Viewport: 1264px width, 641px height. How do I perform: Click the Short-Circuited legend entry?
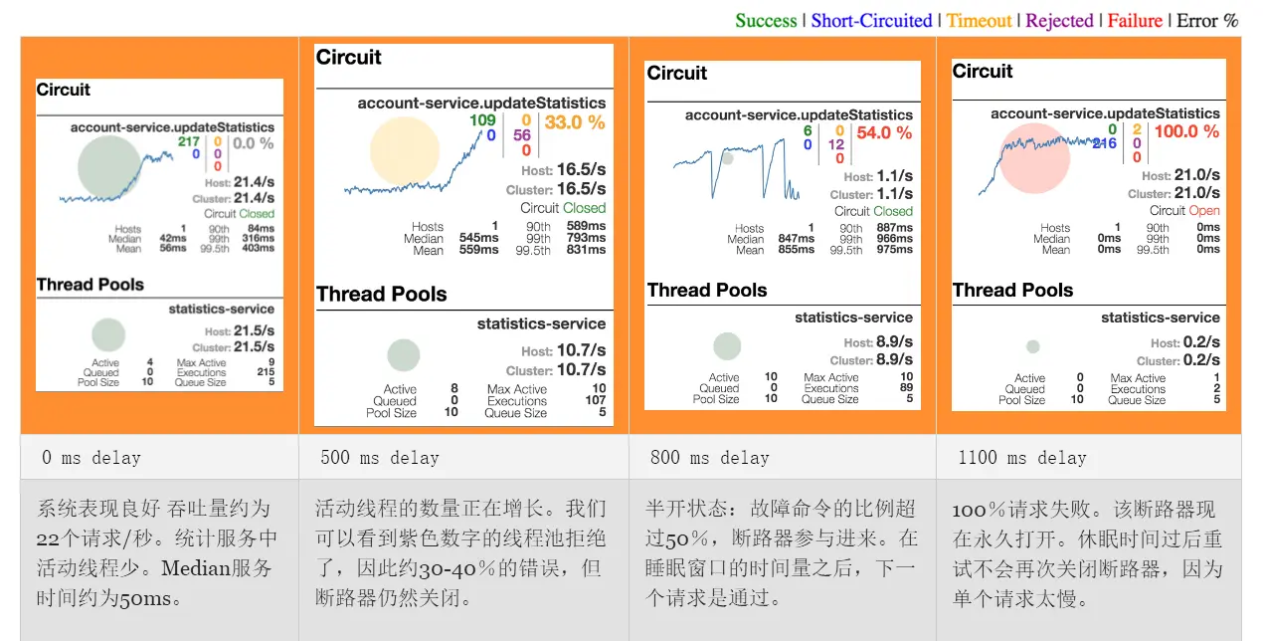[871, 21]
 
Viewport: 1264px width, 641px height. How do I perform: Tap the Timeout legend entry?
[979, 21]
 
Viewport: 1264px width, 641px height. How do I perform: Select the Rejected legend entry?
[1059, 21]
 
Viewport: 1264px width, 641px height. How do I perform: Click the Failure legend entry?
[1136, 21]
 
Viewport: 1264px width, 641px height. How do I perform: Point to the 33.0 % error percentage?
[575, 122]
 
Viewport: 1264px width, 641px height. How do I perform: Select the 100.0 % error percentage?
[1186, 131]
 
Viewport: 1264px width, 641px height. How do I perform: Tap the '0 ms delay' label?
[90, 458]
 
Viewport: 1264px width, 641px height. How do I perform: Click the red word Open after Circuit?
[1204, 211]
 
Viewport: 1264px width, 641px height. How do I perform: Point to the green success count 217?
[189, 142]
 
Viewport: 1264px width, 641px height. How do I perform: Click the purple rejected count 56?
[522, 136]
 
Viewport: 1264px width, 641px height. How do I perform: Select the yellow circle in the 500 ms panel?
[404, 151]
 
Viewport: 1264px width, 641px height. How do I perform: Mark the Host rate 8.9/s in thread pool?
[894, 342]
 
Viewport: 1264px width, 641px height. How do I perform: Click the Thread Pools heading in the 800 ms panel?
[707, 291]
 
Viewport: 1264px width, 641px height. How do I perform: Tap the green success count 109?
[482, 120]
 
